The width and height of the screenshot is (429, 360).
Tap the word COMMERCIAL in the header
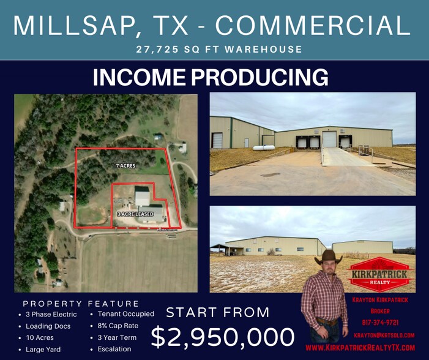tap(313, 25)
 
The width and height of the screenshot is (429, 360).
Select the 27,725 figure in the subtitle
tap(160, 49)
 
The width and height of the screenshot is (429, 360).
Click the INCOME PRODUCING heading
tap(211, 77)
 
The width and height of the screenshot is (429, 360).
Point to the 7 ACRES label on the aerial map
tap(125, 166)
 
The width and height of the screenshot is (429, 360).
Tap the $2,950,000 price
tap(223, 337)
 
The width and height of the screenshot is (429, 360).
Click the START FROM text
tap(217, 312)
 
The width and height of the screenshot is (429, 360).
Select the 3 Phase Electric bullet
tap(52, 314)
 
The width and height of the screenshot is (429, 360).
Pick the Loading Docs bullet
tap(48, 326)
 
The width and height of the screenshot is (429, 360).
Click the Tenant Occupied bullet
tap(125, 314)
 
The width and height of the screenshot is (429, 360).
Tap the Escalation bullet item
tap(114, 349)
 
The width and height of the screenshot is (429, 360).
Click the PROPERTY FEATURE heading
tap(81, 304)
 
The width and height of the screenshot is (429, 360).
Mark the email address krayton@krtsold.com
tap(384, 335)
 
